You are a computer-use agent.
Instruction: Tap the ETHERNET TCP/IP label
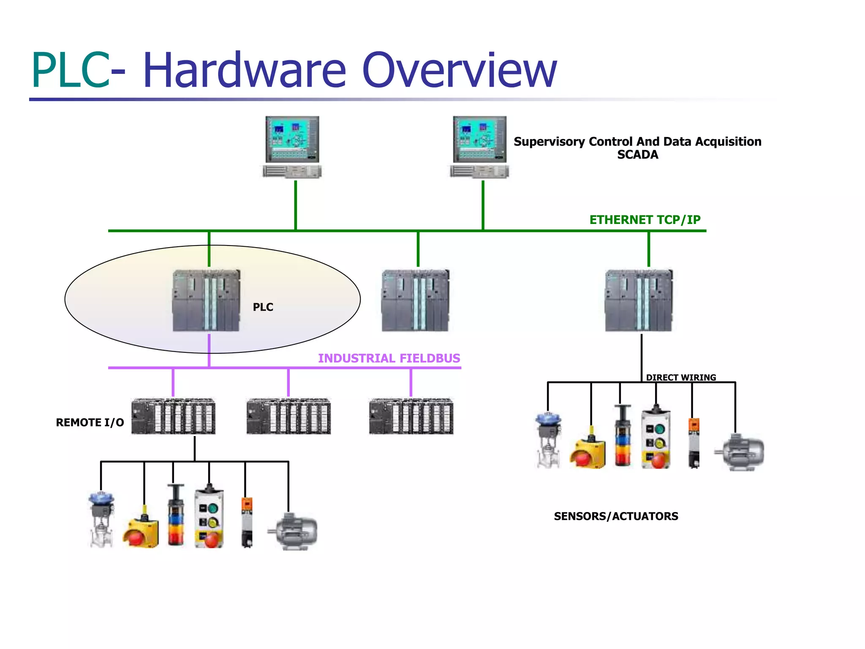[645, 220]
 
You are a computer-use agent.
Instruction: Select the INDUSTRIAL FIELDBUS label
[389, 358]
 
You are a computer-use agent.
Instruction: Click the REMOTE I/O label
[90, 423]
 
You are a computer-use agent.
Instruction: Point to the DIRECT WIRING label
[681, 377]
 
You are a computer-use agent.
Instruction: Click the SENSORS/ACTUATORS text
[616, 516]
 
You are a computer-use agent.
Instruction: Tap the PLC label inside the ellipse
[263, 307]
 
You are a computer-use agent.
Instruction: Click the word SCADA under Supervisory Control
[637, 155]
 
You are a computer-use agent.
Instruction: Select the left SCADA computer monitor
[292, 139]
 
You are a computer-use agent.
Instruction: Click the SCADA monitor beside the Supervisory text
[480, 139]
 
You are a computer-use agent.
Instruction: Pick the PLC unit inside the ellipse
[207, 300]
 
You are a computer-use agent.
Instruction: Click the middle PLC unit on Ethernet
[415, 300]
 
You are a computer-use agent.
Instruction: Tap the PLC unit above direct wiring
[639, 300]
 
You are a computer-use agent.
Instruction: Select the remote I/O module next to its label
[173, 416]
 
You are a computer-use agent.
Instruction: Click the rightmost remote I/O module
[411, 416]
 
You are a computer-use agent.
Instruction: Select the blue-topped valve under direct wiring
[548, 439]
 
